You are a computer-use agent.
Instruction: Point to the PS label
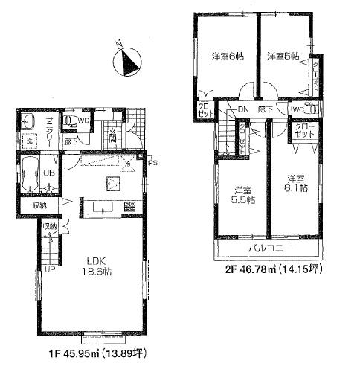pyautogui.click(x=152, y=163)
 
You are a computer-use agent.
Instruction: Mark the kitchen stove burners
pyautogui.click(x=129, y=206)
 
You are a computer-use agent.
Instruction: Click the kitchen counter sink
pyautogui.click(x=102, y=206)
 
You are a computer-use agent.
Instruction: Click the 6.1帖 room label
pyautogui.click(x=295, y=185)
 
